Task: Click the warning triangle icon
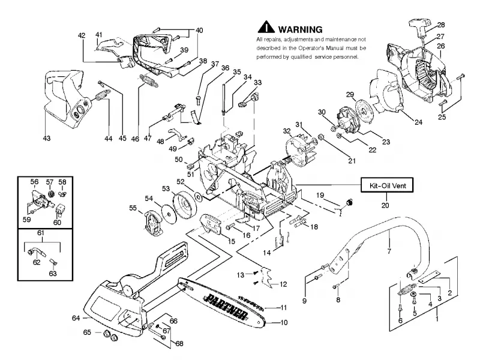tap(266, 26)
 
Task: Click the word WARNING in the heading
tap(300, 29)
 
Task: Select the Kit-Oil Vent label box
tap(387, 185)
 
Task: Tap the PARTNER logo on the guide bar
tap(227, 306)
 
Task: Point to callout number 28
tap(441, 25)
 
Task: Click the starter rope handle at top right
tap(420, 25)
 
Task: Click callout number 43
tap(47, 139)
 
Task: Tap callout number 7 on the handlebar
tap(389, 251)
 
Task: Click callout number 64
tap(76, 318)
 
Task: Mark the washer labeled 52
tap(198, 197)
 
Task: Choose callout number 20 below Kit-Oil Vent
tap(385, 205)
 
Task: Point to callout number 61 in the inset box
tap(41, 233)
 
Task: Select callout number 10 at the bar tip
tap(284, 322)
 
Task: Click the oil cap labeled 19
tap(349, 202)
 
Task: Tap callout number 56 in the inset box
tap(34, 182)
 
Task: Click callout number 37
tap(215, 64)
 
